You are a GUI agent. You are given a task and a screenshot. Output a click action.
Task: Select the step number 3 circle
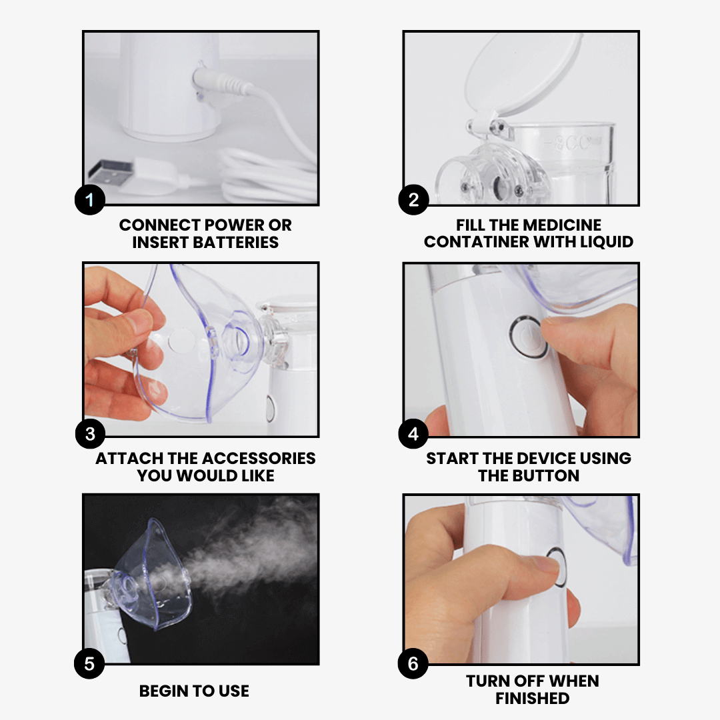click(89, 435)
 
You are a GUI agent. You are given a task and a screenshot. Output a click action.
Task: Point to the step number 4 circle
click(413, 435)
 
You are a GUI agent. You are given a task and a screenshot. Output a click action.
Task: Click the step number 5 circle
click(89, 663)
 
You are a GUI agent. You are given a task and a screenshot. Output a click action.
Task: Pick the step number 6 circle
click(413, 663)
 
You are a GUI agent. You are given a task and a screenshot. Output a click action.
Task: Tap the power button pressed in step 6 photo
click(557, 567)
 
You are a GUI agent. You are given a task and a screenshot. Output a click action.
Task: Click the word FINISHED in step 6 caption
click(532, 699)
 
